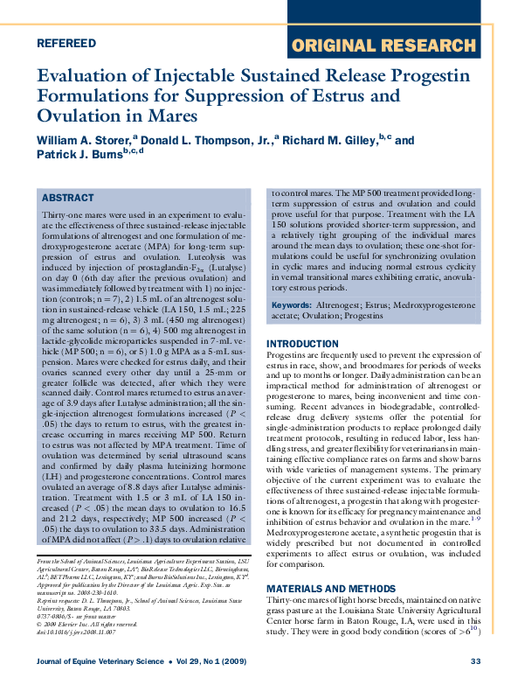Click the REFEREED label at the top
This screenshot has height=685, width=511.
66,43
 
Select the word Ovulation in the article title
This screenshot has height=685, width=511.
79,116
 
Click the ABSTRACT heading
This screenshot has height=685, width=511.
67,199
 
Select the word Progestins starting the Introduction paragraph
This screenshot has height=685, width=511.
289,356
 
